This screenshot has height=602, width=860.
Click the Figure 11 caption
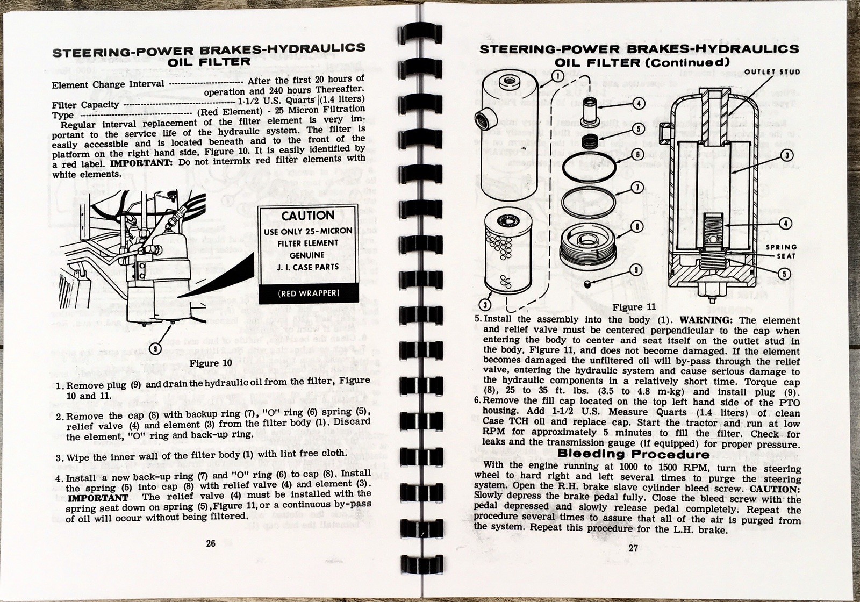point(628,307)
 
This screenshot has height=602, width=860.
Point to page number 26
point(211,543)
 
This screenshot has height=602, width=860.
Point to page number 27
point(632,549)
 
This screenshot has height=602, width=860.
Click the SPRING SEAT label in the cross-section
point(782,252)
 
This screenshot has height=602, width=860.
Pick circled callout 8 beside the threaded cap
point(635,226)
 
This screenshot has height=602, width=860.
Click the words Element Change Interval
point(108,84)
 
